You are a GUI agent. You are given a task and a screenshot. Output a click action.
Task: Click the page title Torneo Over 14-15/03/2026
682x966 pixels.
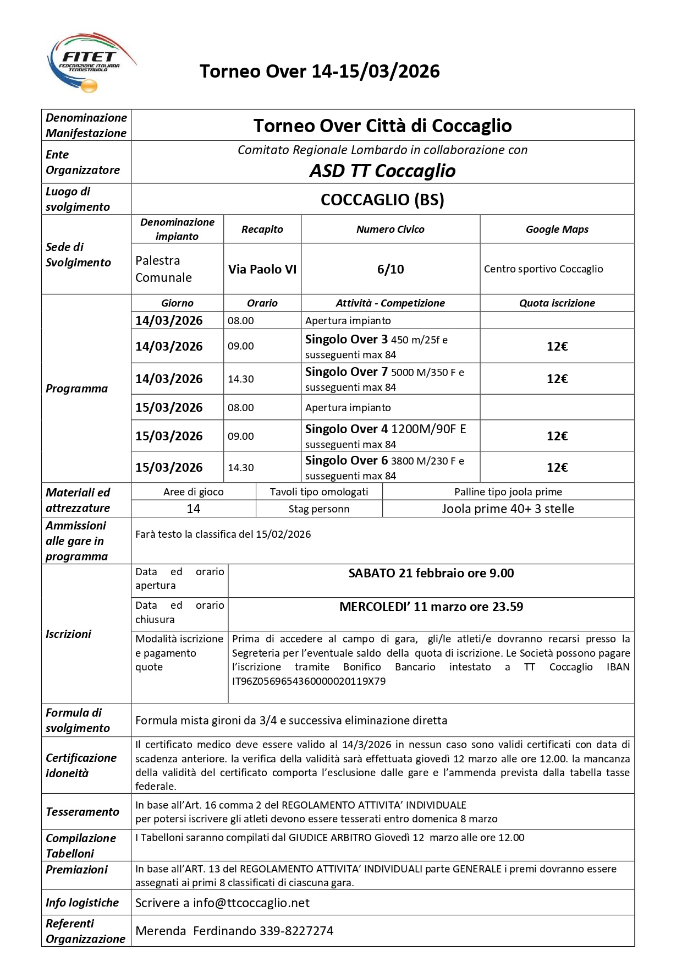click(320, 72)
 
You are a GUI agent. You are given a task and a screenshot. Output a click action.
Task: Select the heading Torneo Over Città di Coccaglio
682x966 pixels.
click(382, 125)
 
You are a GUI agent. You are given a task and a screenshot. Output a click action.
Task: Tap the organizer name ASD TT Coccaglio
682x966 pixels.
click(382, 171)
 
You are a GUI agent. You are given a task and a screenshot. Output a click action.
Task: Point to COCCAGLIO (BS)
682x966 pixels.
click(382, 199)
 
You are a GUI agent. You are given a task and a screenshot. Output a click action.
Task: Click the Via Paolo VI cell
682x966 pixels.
click(262, 269)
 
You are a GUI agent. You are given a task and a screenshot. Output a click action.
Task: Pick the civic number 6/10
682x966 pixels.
click(391, 269)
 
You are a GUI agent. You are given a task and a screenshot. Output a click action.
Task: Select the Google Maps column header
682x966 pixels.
click(557, 230)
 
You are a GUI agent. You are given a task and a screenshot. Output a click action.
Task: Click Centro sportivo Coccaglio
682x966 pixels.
click(543, 269)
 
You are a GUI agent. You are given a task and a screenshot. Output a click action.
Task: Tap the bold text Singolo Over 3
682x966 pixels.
click(346, 340)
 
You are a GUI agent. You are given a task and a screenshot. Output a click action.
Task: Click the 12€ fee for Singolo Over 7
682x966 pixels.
click(557, 379)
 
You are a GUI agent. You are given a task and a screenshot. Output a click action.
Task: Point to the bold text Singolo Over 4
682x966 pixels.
click(346, 429)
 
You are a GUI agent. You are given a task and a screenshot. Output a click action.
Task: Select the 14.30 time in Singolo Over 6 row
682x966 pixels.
click(241, 468)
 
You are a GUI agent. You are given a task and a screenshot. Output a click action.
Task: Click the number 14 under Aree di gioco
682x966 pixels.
click(194, 509)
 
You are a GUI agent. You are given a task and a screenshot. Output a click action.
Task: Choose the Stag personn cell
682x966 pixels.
click(319, 509)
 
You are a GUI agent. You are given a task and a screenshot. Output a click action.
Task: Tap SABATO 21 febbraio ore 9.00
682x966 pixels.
click(431, 573)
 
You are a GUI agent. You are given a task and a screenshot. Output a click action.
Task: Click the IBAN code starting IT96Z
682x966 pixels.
click(309, 681)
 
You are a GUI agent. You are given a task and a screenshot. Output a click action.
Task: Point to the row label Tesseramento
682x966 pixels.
click(82, 812)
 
